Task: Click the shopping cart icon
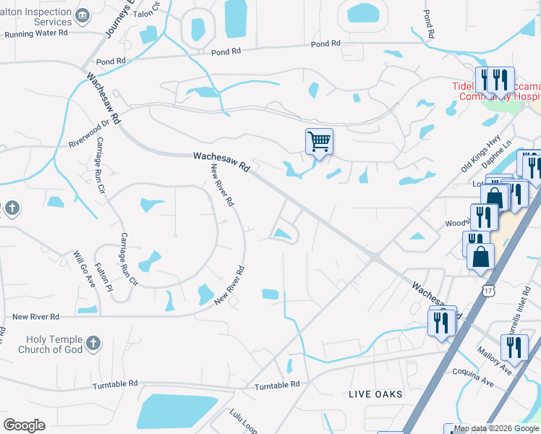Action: tap(319, 140)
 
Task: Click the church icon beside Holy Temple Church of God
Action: tap(93, 344)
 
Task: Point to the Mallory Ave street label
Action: tap(494, 362)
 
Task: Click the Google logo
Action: tap(24, 425)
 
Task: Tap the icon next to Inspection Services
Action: tap(83, 15)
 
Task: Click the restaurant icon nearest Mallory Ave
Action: tap(514, 346)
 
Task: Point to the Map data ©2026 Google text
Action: tap(497, 428)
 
